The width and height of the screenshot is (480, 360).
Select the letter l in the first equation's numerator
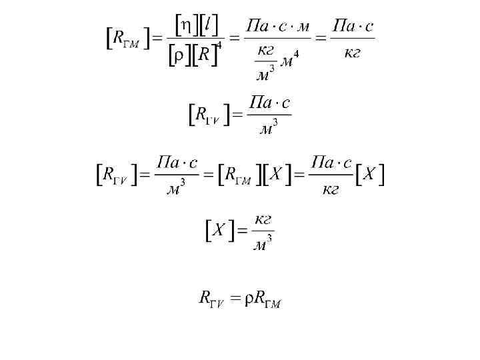pos(209,25)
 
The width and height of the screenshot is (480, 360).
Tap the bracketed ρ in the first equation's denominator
pos(179,56)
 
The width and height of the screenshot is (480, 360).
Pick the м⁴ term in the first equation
pos(288,61)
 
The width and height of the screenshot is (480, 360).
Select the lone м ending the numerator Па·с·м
pos(303,27)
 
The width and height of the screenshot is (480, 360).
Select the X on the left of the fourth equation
pos(218,231)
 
